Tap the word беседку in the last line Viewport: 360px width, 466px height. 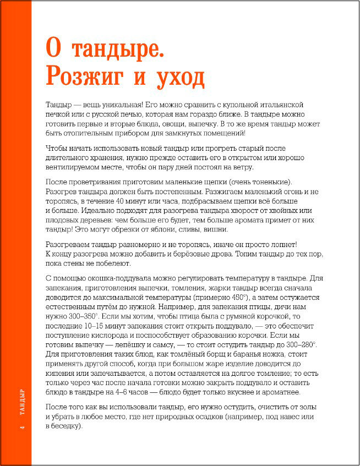tap(65, 425)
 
